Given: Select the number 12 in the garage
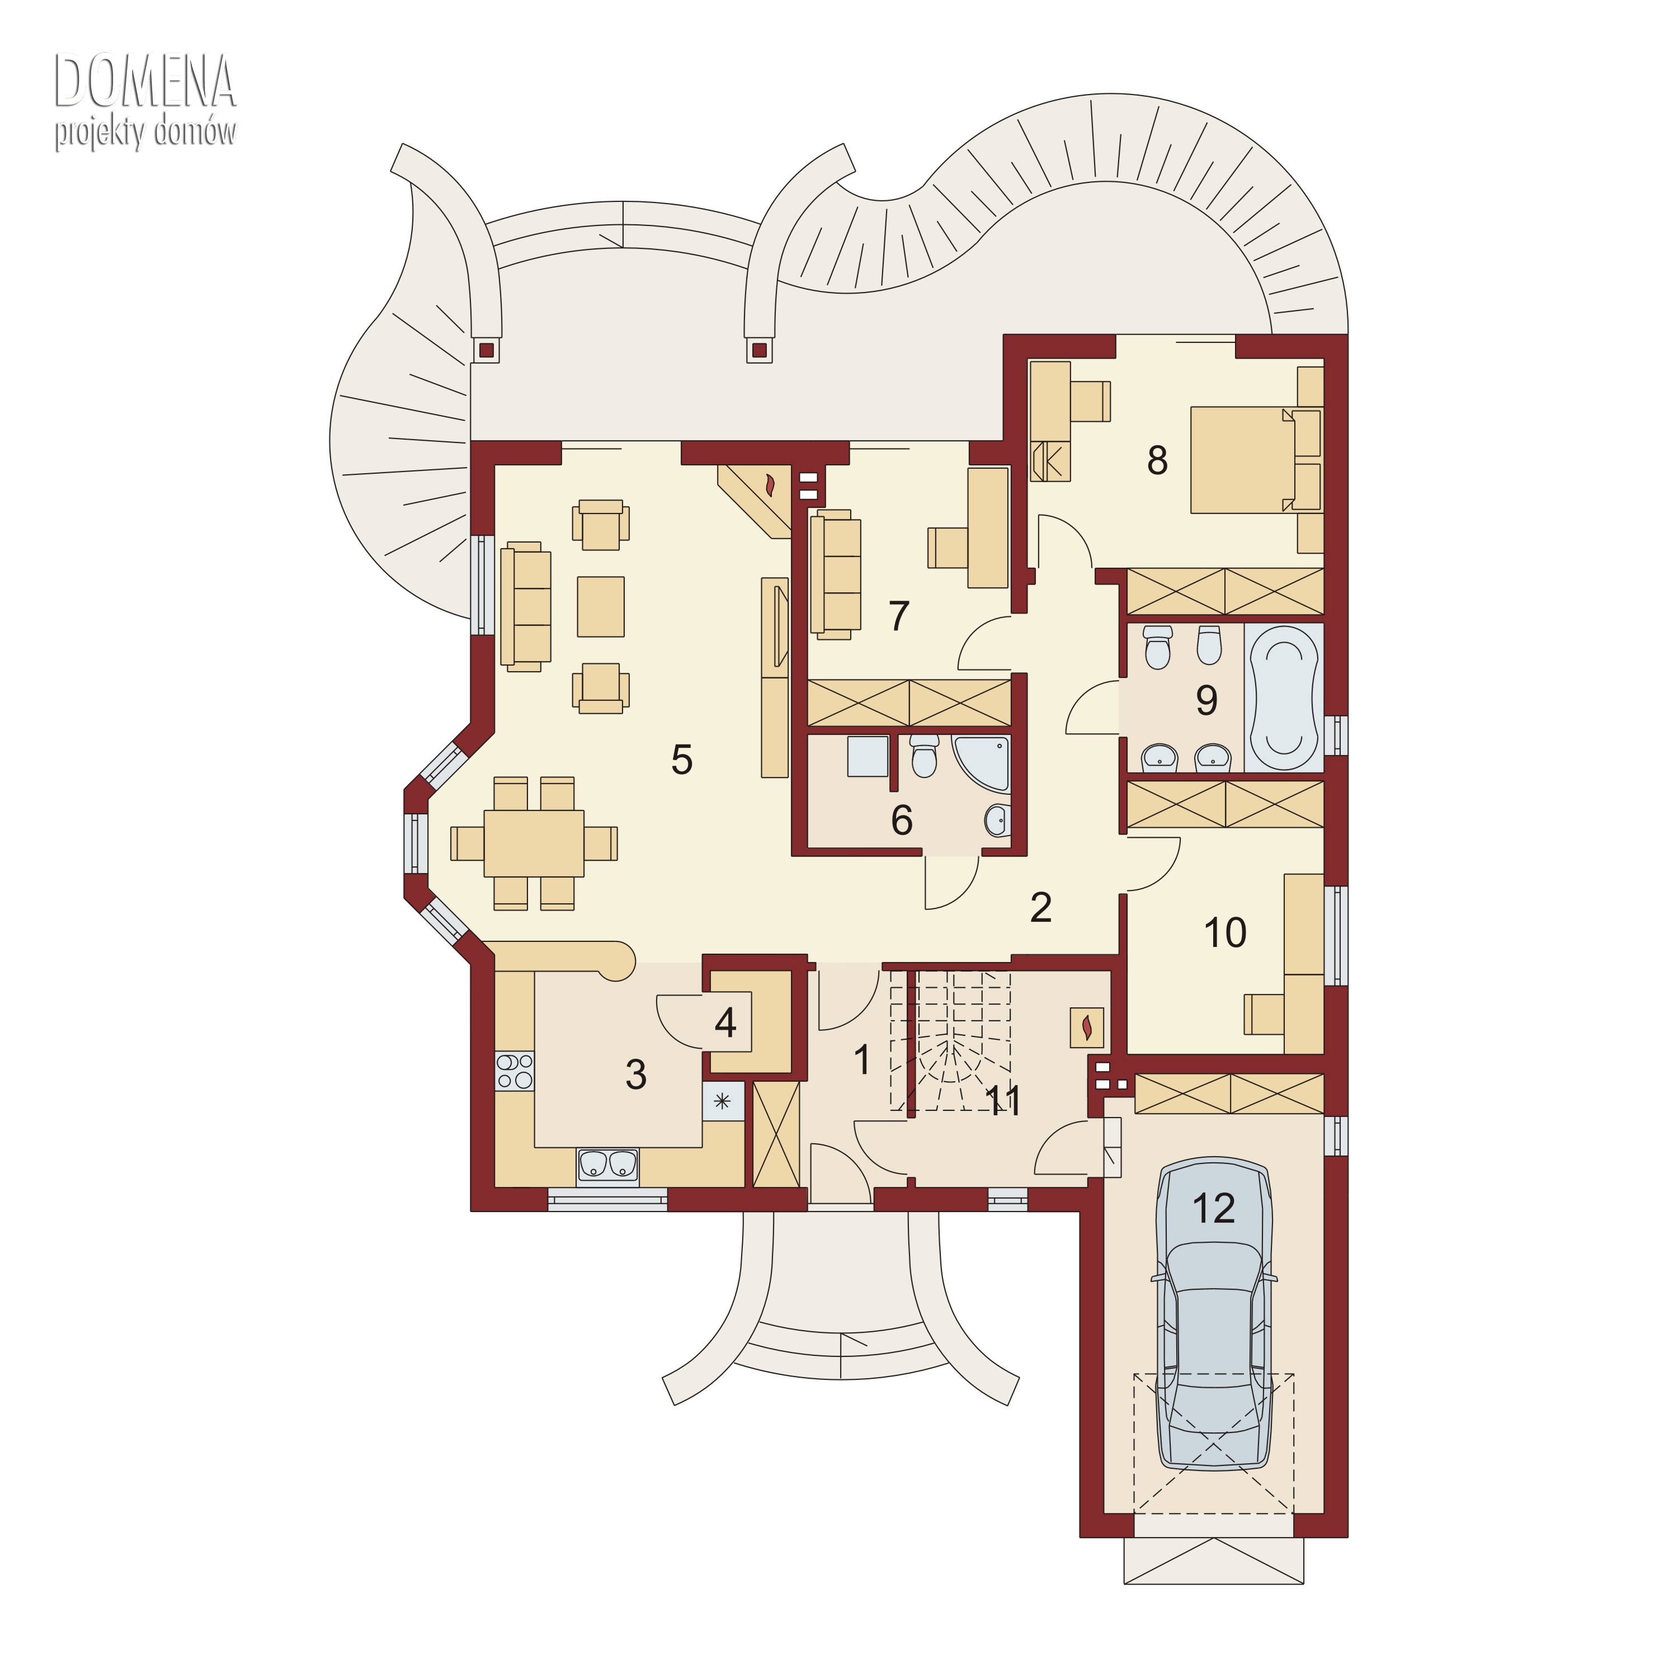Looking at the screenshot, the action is [1213, 1208].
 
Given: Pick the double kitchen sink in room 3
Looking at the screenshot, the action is [608, 1166].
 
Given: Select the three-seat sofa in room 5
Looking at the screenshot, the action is [525, 606].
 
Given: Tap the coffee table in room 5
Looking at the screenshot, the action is [601, 606].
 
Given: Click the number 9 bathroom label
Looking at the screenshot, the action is [1206, 700].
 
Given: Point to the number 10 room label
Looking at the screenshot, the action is [1224, 933].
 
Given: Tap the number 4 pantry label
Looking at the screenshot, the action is [725, 1022].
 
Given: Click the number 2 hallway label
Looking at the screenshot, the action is [1040, 908].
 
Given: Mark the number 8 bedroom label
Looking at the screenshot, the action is [1157, 460].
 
